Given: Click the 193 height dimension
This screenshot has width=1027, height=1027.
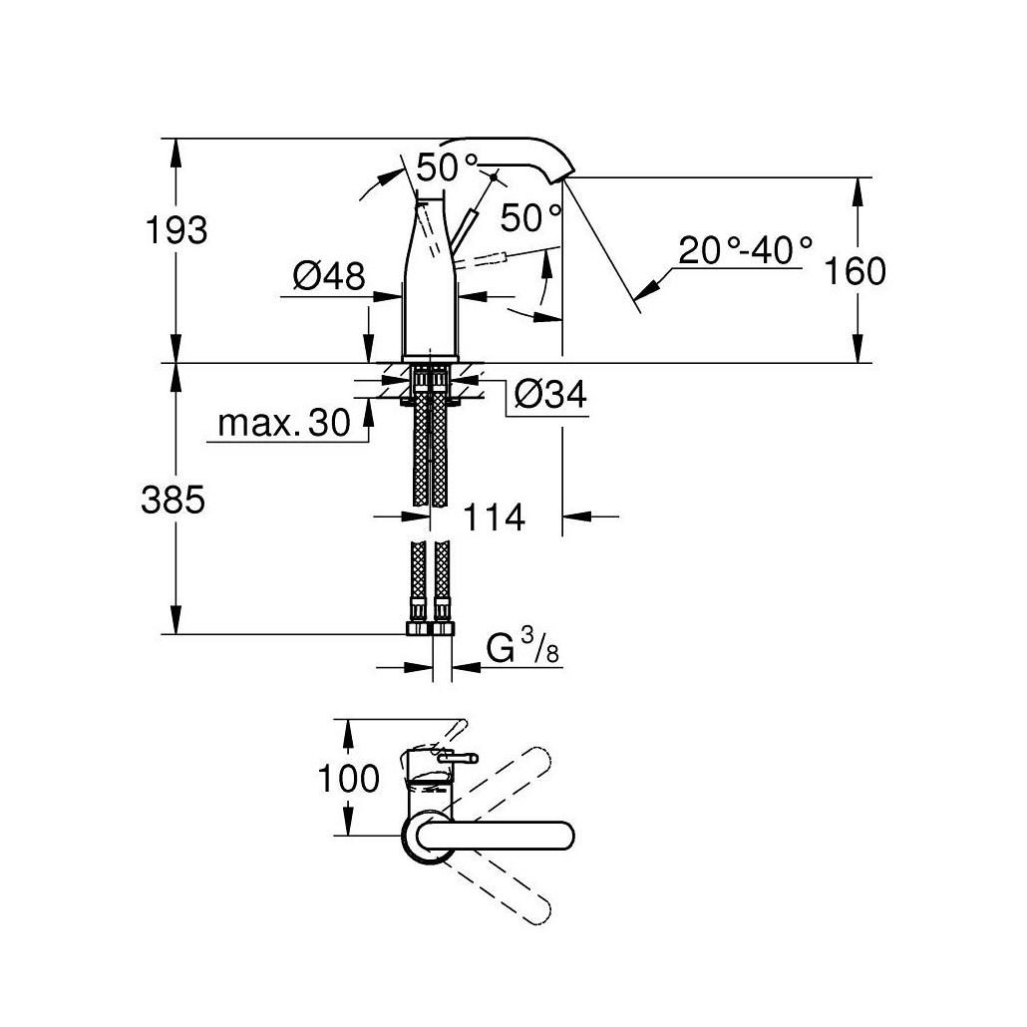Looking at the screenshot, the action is [x=176, y=230].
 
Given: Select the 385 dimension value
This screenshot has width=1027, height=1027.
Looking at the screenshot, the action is [x=173, y=500].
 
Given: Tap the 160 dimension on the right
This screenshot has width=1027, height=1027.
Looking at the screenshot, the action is [x=855, y=270].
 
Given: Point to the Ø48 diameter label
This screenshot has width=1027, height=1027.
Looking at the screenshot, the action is [x=329, y=276].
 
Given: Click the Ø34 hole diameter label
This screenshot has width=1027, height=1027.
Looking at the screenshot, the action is [x=550, y=394].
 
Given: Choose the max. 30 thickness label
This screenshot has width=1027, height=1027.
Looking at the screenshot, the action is [x=284, y=423].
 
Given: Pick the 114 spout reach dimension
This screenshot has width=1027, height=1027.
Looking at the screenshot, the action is [x=494, y=517].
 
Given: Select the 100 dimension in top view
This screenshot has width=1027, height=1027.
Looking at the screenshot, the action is [x=348, y=778].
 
